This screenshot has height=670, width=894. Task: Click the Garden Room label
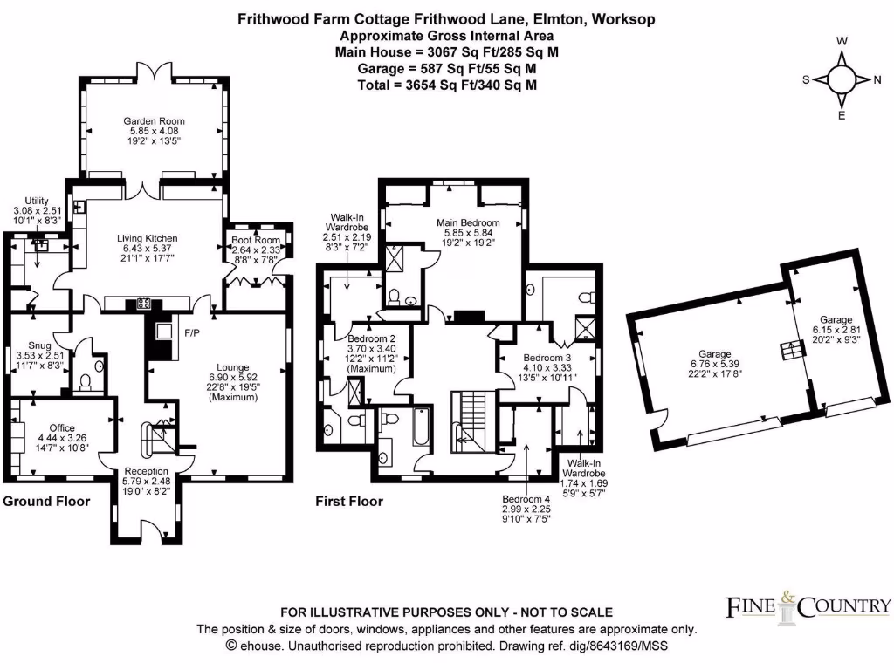(154, 121)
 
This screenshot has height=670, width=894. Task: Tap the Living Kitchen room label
(148, 238)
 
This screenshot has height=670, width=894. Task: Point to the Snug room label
(40, 345)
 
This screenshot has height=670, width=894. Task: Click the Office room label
(62, 427)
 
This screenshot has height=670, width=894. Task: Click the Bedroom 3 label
(547, 358)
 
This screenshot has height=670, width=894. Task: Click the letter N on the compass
(876, 79)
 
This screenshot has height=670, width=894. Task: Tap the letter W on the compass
(842, 41)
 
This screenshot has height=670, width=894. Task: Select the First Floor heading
(348, 502)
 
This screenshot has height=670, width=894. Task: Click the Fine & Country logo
(808, 605)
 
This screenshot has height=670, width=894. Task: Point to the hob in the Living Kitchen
(142, 304)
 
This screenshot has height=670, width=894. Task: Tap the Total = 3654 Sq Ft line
(446, 85)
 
